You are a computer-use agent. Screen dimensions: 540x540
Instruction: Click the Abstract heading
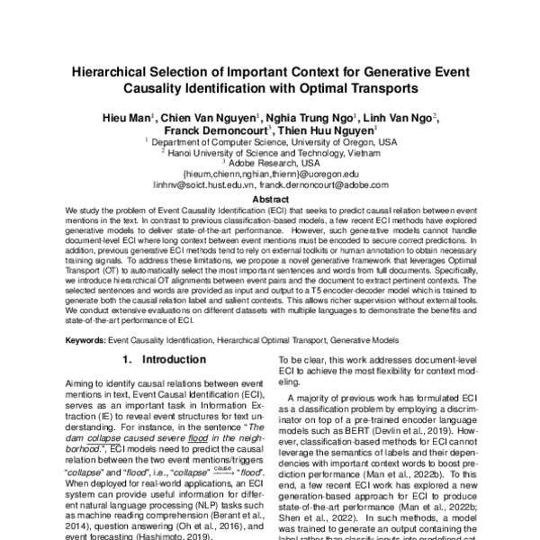270,198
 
